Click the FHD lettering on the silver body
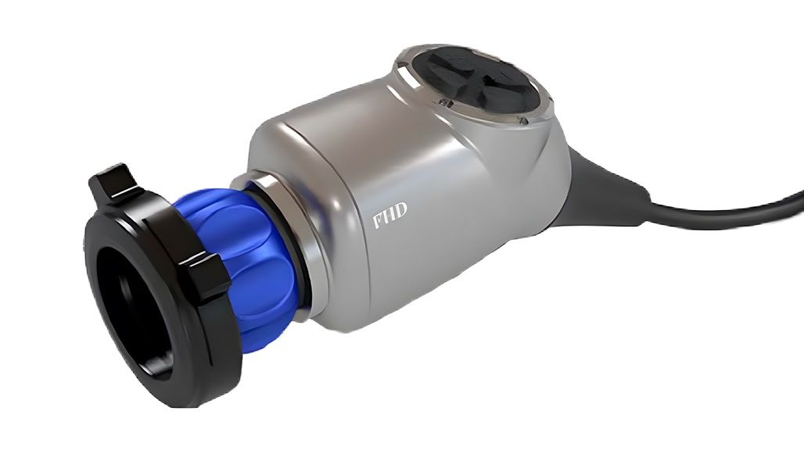coord(389,215)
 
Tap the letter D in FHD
coord(401,210)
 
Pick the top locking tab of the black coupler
coord(116,183)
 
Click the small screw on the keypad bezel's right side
coord(523,121)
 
